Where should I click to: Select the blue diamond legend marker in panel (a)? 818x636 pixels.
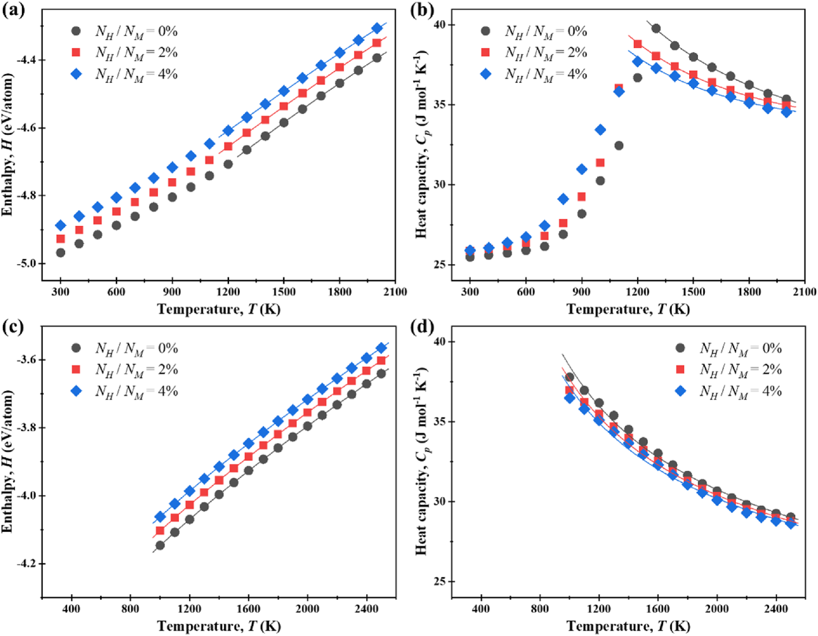(x=76, y=74)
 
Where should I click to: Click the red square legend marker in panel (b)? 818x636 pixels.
(x=485, y=53)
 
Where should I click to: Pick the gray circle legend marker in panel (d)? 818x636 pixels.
(x=680, y=348)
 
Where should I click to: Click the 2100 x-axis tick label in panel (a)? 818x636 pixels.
(x=395, y=292)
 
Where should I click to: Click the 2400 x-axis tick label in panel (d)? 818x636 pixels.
(x=776, y=609)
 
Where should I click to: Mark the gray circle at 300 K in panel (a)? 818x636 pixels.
(x=61, y=253)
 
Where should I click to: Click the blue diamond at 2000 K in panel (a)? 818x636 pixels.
(x=377, y=29)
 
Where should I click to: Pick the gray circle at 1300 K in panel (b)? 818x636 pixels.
(x=656, y=29)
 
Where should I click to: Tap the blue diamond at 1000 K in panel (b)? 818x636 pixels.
(x=600, y=130)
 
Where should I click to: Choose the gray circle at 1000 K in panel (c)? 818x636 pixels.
(x=160, y=545)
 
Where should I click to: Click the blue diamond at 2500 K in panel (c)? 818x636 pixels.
(x=382, y=348)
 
